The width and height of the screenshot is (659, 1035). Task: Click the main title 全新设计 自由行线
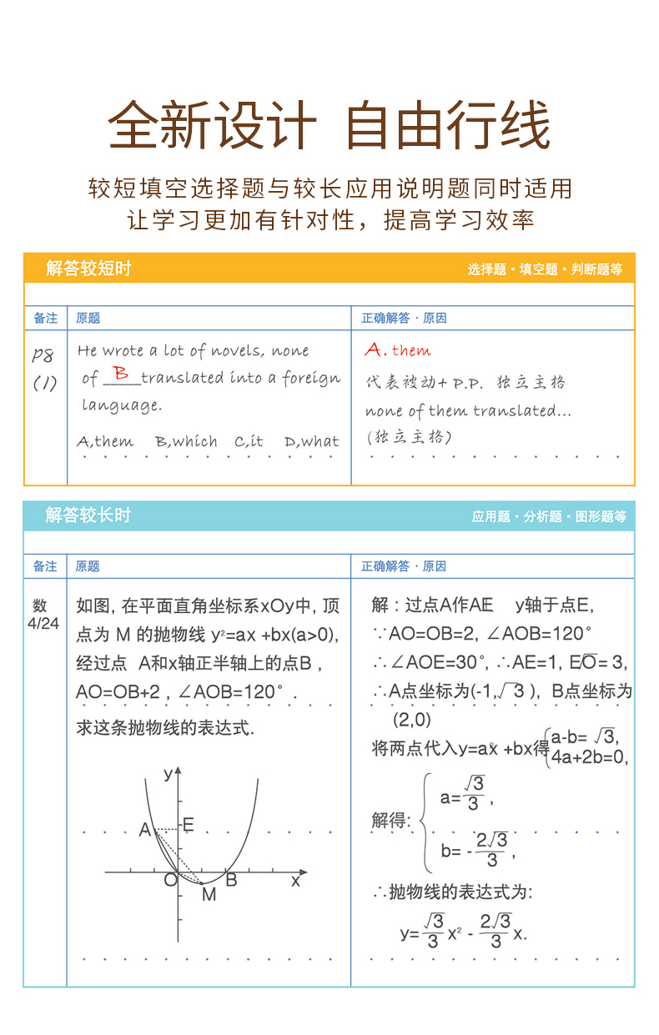[x=329, y=126]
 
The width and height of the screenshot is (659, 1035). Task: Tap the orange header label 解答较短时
[x=88, y=269]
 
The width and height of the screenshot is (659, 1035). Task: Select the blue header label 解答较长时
[x=88, y=515]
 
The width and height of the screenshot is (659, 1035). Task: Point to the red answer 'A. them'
[x=398, y=350]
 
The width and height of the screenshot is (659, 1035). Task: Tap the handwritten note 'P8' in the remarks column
[x=43, y=355]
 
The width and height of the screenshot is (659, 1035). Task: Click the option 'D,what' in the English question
[x=312, y=442]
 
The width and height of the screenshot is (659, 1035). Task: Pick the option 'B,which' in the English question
[x=186, y=442]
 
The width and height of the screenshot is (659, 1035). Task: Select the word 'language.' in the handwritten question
[x=121, y=406]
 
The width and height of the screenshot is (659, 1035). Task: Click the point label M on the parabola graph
[x=209, y=895]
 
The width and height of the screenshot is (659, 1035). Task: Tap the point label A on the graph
[x=145, y=830]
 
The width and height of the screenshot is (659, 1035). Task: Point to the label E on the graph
[x=189, y=825]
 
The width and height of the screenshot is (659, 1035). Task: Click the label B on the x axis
[x=232, y=879]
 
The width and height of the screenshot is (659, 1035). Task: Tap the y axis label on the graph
[x=169, y=773]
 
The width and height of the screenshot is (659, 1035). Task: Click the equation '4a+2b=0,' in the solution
[x=589, y=757]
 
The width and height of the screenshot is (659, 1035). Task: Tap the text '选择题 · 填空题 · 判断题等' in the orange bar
[x=545, y=269]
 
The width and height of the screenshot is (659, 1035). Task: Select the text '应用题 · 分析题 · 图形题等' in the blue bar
[x=549, y=516]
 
